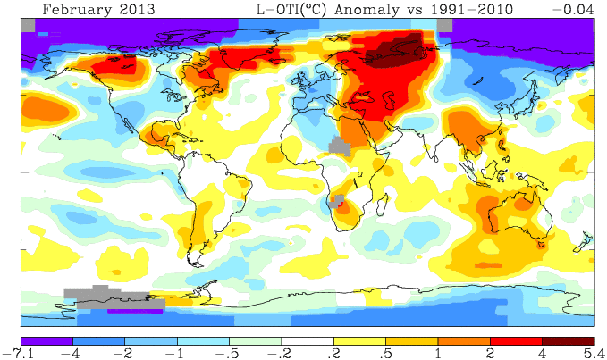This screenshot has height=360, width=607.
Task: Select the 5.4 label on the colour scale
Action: point(594,353)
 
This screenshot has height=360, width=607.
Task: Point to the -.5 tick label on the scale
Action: point(229,353)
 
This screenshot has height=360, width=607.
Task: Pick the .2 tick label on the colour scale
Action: point(333,353)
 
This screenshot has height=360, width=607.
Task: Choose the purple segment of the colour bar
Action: point(47,340)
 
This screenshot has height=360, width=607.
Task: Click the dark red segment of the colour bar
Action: point(568,340)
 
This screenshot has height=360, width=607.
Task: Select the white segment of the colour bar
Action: point(307,340)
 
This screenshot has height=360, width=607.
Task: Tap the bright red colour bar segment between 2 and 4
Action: point(516,340)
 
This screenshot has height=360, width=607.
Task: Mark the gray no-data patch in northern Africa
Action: point(338,146)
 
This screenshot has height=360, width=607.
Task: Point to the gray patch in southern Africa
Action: point(337,201)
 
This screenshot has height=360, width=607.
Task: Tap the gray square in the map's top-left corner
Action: point(29,26)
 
